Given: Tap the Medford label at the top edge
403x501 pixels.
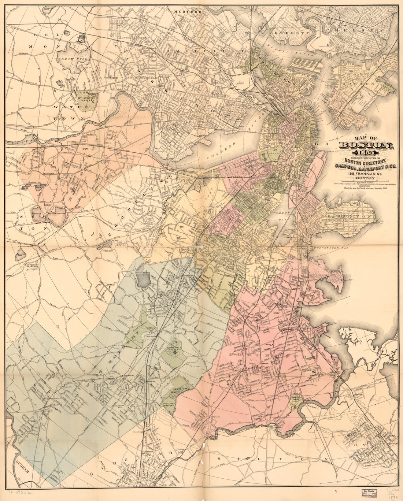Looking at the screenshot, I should click(188, 12).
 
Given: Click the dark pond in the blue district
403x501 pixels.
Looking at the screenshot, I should click(144, 279).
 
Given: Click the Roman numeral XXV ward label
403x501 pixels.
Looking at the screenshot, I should click(86, 149).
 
